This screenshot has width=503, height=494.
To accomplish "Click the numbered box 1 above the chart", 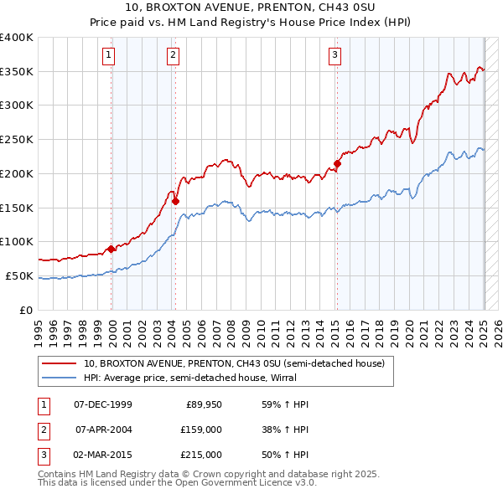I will point(110,56).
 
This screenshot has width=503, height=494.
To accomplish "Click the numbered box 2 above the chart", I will point(173,56).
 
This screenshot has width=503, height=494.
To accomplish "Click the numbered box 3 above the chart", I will point(334,56).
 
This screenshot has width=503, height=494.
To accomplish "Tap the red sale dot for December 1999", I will point(111,249).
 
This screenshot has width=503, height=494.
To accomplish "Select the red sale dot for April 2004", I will point(175,201).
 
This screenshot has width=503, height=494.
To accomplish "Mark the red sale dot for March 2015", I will point(337,163).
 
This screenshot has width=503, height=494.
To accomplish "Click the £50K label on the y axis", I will point(19,275).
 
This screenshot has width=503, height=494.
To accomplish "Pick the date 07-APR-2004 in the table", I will point(103,430).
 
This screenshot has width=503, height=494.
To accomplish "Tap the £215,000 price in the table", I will point(201,455).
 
